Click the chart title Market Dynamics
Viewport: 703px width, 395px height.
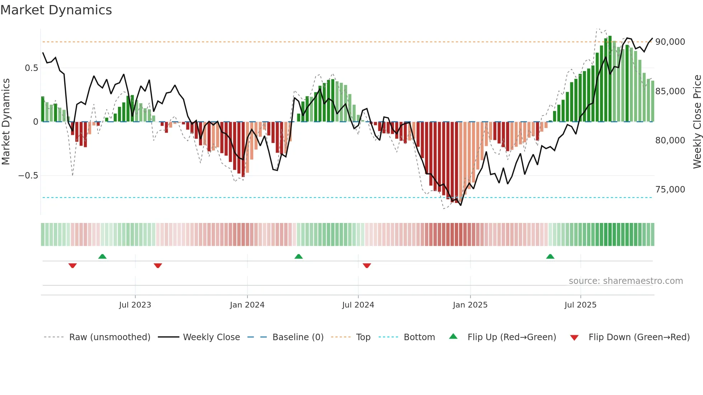56,10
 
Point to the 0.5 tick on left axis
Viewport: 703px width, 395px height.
31,68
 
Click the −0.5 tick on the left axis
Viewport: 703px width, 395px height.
28,176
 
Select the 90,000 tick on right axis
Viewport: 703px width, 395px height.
670,42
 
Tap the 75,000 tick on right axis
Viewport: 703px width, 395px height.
670,190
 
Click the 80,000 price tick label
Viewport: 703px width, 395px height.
670,141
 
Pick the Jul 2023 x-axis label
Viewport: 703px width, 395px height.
135,305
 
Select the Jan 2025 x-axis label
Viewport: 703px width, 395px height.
470,305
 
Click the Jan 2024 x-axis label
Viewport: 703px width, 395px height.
247,305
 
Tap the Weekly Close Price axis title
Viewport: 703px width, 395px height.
697,122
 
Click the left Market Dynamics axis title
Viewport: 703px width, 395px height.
6,122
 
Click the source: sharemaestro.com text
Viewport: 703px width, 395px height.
626,281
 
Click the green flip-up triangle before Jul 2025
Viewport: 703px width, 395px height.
550,256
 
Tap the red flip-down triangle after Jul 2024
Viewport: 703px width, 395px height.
367,266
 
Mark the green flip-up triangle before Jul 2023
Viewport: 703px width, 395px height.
102,256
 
